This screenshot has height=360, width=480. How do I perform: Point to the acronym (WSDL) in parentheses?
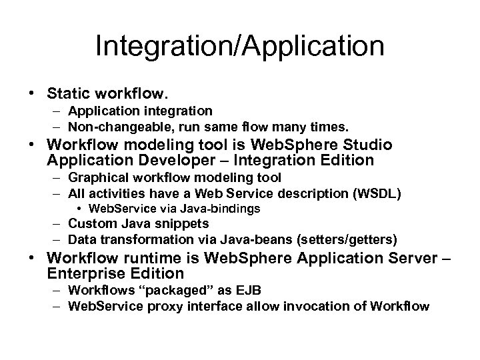383,193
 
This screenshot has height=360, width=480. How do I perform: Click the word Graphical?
95,177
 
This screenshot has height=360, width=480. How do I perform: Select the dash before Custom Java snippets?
57,224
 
